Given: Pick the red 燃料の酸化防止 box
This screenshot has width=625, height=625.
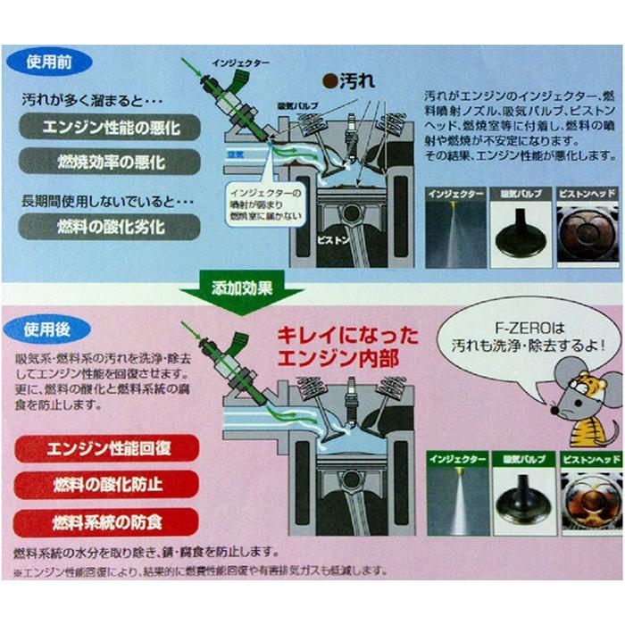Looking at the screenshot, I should click(106, 485).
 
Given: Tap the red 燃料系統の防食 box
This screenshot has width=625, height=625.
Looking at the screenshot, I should click(106, 521).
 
